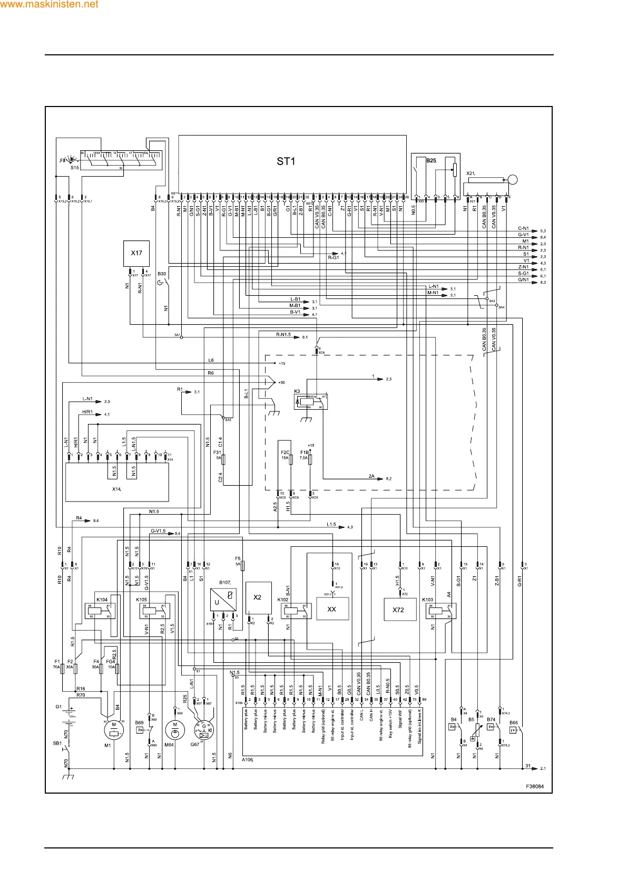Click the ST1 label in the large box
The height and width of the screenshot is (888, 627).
[x=286, y=161]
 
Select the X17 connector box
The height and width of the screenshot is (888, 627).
[x=136, y=254]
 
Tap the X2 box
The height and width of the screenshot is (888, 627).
[x=258, y=597]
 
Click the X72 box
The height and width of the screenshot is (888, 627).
[x=398, y=610]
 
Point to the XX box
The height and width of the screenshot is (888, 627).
[x=332, y=609]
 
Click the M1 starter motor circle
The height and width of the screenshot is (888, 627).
[x=114, y=729]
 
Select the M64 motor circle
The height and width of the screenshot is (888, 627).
[x=175, y=729]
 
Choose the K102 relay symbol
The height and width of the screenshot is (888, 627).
[x=296, y=611]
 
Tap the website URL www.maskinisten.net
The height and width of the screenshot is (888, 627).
[x=50, y=5]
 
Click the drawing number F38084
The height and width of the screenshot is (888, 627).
[x=535, y=786]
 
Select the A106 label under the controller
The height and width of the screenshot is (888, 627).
[x=247, y=760]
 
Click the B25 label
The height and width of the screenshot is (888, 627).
[x=432, y=161]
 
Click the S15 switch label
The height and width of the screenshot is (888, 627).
[x=74, y=168]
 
